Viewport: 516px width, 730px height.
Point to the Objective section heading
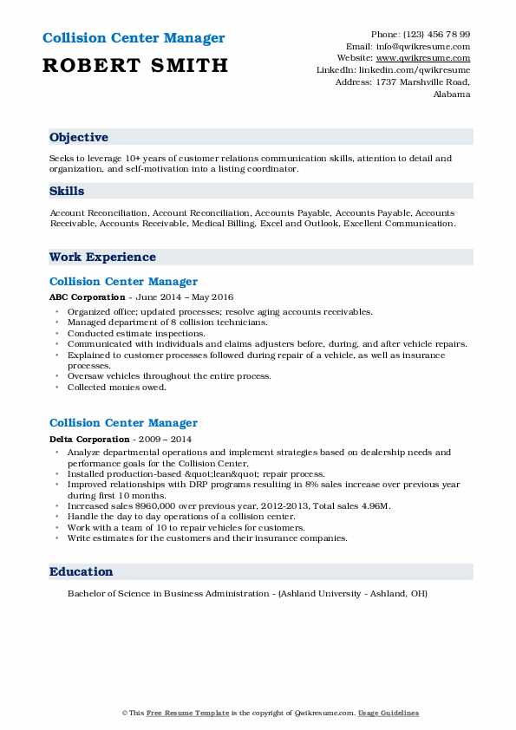coord(79,138)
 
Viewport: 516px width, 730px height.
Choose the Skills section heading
coord(67,191)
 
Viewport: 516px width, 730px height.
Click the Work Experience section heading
coord(102,257)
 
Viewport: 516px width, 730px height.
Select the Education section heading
coord(82,572)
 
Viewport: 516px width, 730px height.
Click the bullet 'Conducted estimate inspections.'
coord(136,333)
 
